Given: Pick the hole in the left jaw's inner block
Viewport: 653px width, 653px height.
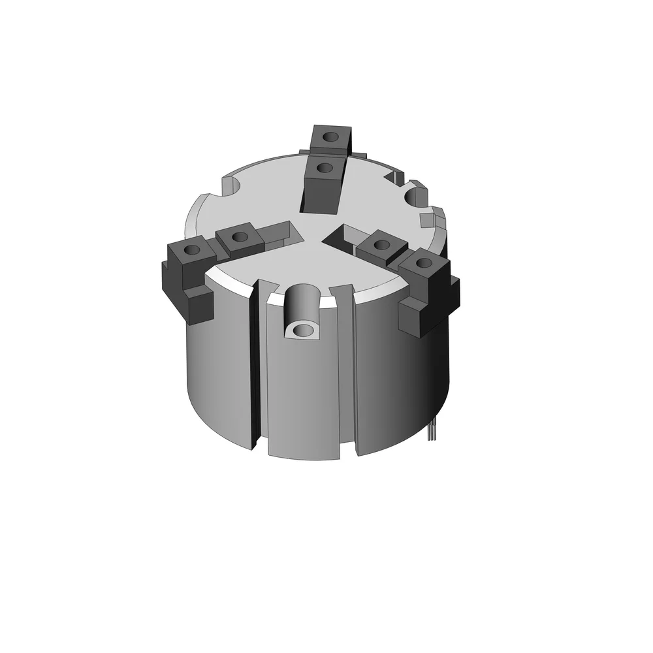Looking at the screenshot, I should coord(240,236).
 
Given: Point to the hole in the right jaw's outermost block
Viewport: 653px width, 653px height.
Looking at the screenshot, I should coord(424,264).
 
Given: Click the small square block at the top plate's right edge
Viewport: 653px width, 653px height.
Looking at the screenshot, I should coord(428,218).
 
